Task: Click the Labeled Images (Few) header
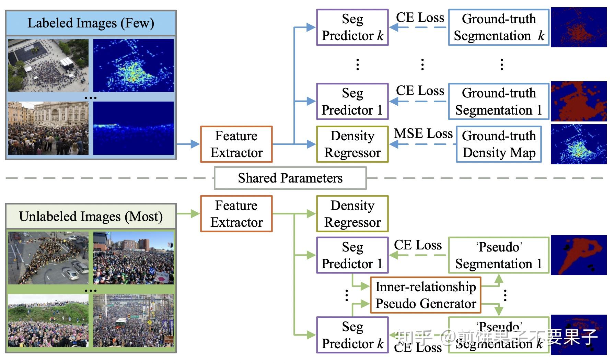tap(91, 23)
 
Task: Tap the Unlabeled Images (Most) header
tap(91, 216)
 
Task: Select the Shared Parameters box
tap(290, 178)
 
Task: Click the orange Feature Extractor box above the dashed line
tap(236, 144)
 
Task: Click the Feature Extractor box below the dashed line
tap(236, 214)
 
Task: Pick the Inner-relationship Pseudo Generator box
tap(426, 295)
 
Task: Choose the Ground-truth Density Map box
tap(499, 144)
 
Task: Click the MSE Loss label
tap(423, 133)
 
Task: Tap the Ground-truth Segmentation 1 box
tap(498, 102)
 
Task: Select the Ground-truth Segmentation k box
tap(498, 27)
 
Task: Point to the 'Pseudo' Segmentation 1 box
tap(498, 255)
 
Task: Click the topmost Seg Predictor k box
tap(352, 27)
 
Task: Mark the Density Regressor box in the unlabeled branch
tap(352, 214)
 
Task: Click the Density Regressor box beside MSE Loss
tap(352, 144)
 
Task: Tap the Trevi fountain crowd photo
tap(48, 128)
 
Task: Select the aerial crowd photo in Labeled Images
tap(48, 65)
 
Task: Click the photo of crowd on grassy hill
tap(48, 320)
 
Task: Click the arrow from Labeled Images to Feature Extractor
tap(188, 144)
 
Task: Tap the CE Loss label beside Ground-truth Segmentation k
tap(420, 17)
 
